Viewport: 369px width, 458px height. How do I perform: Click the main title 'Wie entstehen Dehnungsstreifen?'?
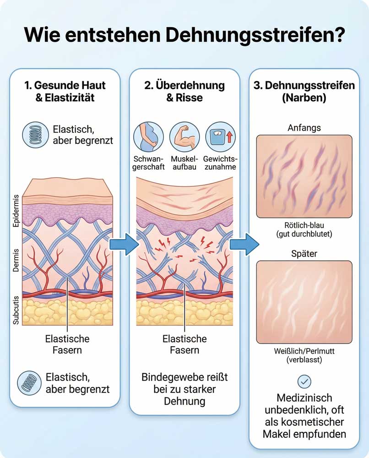(x=184, y=34)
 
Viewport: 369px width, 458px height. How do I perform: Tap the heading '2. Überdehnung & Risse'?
(x=184, y=91)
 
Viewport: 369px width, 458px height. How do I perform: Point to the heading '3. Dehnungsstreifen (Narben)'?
(x=304, y=91)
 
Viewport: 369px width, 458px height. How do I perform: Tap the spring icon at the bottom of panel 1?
(x=30, y=383)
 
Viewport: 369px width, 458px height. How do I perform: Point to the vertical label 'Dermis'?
(x=16, y=260)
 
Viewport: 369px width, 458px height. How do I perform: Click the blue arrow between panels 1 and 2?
(x=124, y=245)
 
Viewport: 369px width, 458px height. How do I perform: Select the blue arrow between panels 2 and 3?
(x=243, y=245)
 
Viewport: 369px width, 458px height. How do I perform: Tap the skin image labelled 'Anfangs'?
(x=304, y=176)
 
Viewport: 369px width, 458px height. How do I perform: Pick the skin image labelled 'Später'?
(x=304, y=302)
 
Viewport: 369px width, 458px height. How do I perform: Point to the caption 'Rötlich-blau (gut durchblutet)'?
(x=304, y=229)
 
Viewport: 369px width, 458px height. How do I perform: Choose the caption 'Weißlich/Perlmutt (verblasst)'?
(x=304, y=355)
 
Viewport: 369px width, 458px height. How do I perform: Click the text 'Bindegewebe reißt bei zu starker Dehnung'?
(x=184, y=390)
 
